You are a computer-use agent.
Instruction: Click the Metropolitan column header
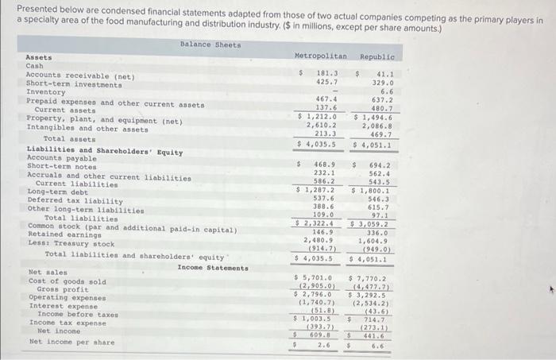pyautogui.click(x=320, y=57)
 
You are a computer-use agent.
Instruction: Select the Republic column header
pyautogui.click(x=377, y=57)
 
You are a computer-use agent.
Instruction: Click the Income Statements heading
pyautogui.click(x=212, y=268)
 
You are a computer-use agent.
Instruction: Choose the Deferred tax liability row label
pyautogui.click(x=75, y=201)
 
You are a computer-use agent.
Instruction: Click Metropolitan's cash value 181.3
pyautogui.click(x=326, y=73)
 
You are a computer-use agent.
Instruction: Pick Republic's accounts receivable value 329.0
pyautogui.click(x=383, y=82)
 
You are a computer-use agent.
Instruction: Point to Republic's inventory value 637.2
pyautogui.click(x=383, y=99)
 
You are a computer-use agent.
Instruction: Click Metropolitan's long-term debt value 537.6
pyautogui.click(x=325, y=199)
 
